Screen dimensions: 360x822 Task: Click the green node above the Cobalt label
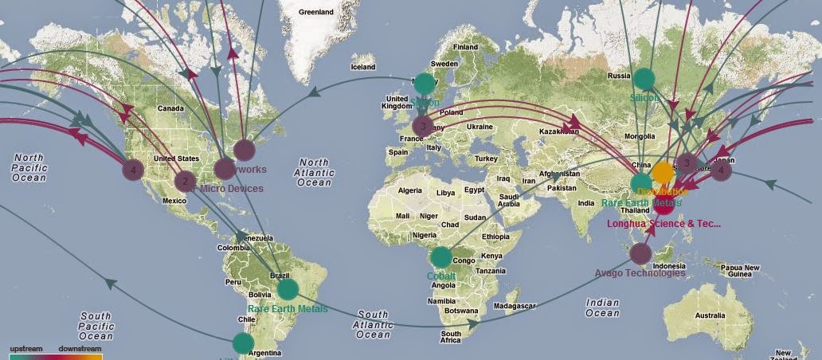coord(440,257)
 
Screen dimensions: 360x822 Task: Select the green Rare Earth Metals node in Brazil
coord(288,289)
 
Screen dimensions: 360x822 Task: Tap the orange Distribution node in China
coord(663,172)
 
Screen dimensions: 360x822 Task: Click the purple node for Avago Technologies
coord(640,254)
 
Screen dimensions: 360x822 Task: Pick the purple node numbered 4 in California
coord(133,169)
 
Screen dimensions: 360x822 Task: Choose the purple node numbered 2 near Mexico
coord(185,181)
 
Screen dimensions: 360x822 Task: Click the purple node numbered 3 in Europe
coord(423,125)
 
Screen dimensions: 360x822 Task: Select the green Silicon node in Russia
coord(644,79)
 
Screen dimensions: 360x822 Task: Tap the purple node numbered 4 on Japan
coord(721,170)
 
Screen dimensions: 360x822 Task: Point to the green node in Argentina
coord(243,343)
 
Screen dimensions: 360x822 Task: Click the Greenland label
coord(316,13)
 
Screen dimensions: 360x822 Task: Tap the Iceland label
coord(362,67)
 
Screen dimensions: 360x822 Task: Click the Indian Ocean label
coord(602,307)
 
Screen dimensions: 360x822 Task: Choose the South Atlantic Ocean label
coord(373,324)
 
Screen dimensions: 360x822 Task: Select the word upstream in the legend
coord(25,349)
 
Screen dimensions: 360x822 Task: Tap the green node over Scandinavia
coord(425,83)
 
